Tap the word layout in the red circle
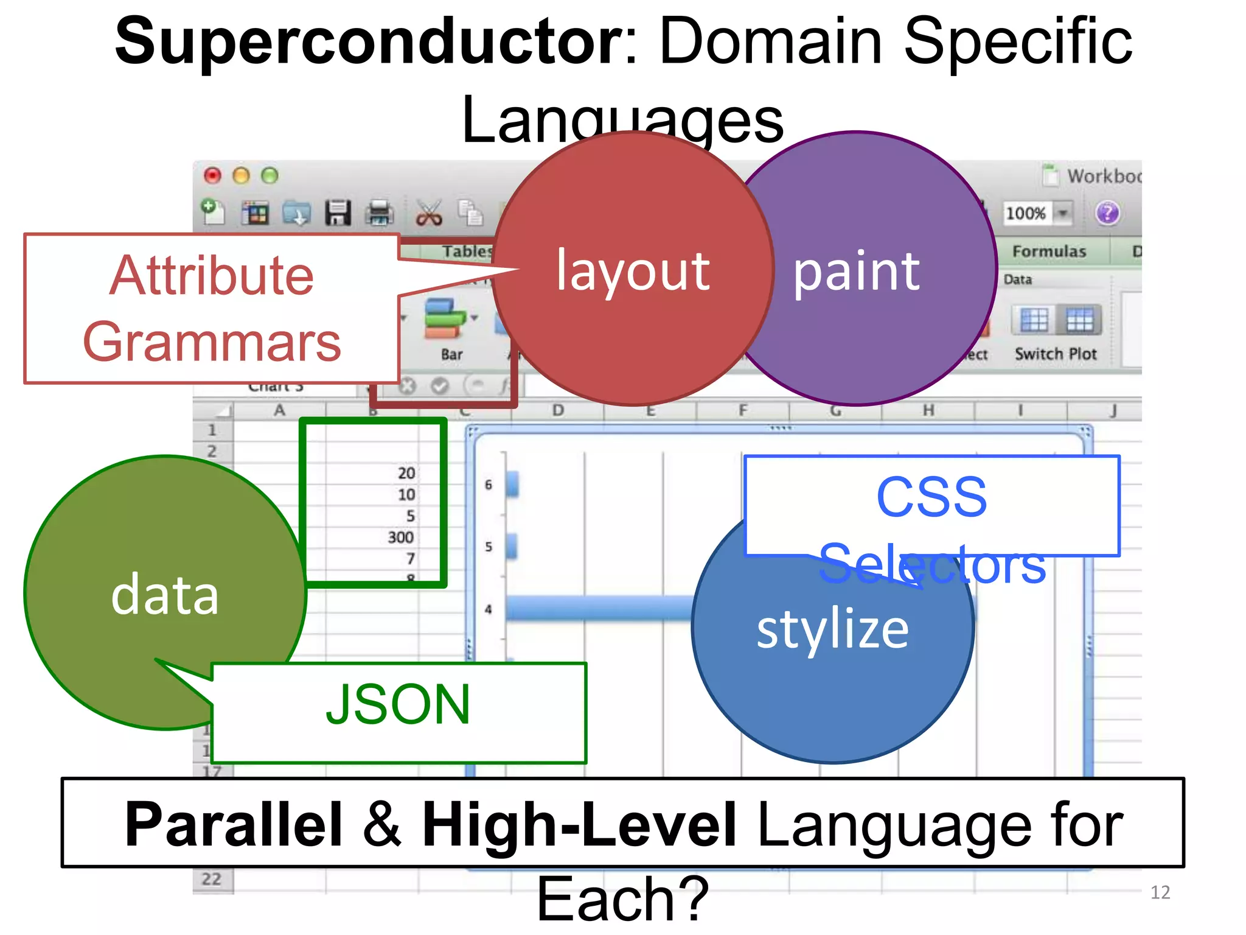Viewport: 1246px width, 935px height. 633,271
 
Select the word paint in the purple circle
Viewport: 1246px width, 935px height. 857,271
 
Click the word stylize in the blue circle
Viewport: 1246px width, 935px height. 832,629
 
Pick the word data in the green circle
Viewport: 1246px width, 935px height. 165,595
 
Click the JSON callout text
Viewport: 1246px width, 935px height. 398,705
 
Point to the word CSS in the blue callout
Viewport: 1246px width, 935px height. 931,497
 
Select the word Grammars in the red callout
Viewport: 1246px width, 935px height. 212,342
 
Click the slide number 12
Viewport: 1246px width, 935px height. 1160,892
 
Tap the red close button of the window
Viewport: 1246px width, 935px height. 212,176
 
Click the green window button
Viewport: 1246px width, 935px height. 270,176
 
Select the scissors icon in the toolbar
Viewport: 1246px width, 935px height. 429,214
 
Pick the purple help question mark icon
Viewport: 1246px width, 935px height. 1107,213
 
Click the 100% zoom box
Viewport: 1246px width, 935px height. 1026,213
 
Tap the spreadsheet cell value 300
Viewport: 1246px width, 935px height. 401,538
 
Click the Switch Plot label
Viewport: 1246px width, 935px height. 1056,354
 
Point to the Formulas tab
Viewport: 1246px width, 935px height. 1049,251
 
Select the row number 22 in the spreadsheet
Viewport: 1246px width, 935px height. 212,880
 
